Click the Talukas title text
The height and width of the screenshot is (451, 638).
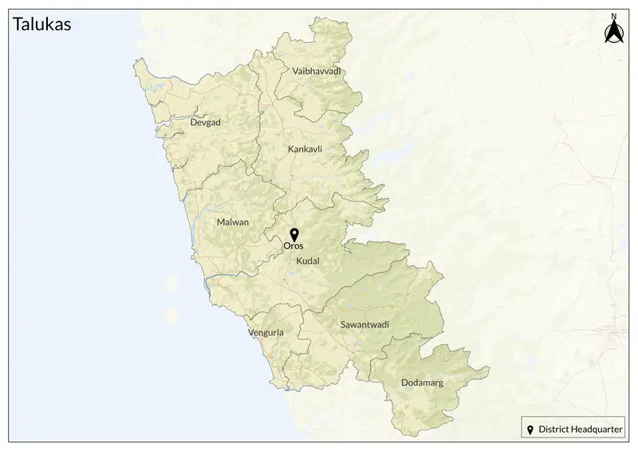click(43, 25)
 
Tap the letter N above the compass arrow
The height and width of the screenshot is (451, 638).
click(613, 16)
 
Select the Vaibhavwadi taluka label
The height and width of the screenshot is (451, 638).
click(317, 72)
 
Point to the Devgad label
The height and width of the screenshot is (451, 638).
click(205, 123)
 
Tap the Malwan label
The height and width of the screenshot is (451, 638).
click(233, 223)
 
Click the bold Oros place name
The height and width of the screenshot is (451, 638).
click(293, 246)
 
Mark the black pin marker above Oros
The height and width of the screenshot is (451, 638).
click(293, 234)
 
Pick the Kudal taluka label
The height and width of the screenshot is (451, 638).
click(307, 261)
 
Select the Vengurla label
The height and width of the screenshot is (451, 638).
click(266, 331)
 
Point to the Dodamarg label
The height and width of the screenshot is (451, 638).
click(422, 382)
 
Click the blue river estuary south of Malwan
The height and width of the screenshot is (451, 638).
click(209, 280)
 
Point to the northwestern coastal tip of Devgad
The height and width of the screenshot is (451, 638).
click(140, 64)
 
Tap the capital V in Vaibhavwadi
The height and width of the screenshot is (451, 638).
click(296, 72)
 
